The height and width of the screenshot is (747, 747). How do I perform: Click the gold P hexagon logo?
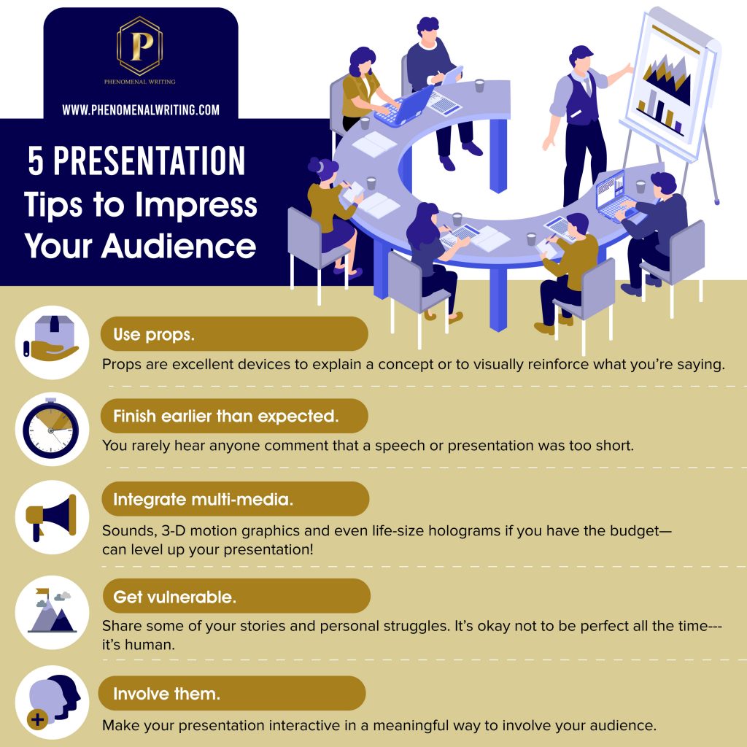pos(139,46)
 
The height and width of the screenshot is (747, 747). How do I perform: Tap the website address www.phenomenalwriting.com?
pos(141,110)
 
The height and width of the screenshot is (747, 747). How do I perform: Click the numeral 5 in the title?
pos(36,161)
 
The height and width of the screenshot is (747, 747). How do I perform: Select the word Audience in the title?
pos(179,246)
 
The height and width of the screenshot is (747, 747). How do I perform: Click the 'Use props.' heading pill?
pos(234,334)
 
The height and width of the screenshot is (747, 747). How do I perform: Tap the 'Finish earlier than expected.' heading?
pos(234,416)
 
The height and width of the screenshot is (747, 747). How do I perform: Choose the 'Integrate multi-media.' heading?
pos(236,499)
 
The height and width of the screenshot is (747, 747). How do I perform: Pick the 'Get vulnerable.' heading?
pos(236,596)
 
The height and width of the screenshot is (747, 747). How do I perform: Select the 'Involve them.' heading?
pos(232,693)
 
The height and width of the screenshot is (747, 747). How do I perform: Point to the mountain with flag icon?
pos(52,611)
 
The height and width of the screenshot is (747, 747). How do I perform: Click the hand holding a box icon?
pos(51,338)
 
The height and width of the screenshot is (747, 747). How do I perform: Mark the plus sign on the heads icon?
pos(38,719)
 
